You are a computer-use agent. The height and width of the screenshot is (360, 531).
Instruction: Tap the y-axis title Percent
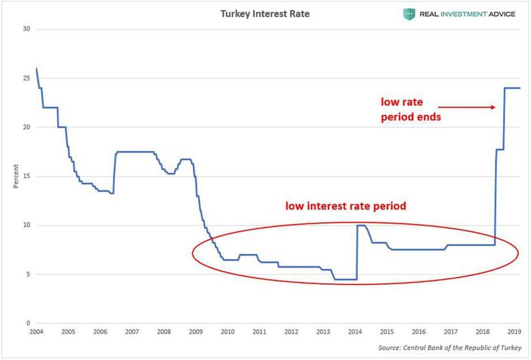[15, 177]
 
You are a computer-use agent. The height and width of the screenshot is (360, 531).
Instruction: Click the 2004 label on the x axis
[36, 333]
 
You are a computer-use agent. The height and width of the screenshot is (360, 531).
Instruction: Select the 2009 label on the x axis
[195, 333]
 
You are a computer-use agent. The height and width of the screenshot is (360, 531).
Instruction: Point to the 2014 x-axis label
[355, 333]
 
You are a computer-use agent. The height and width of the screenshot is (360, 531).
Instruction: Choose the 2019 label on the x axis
[514, 333]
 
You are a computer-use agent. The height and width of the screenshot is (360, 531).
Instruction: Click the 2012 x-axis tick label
[291, 333]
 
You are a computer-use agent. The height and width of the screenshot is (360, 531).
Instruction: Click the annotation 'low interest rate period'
[346, 206]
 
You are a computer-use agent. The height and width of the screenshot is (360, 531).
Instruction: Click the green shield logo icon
[409, 13]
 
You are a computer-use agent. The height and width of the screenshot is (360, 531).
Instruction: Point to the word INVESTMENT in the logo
[464, 14]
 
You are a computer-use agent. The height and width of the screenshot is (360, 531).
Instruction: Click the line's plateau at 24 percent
[512, 88]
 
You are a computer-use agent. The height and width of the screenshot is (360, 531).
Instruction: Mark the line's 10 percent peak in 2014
[361, 225]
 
